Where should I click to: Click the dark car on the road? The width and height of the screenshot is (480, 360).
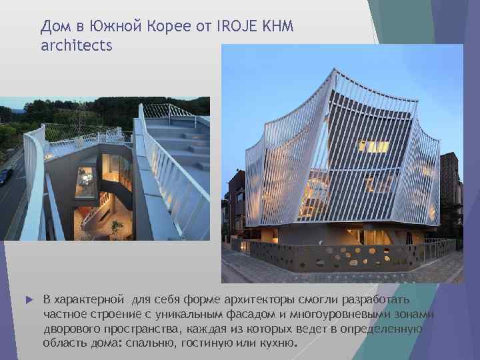click(5, 175)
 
